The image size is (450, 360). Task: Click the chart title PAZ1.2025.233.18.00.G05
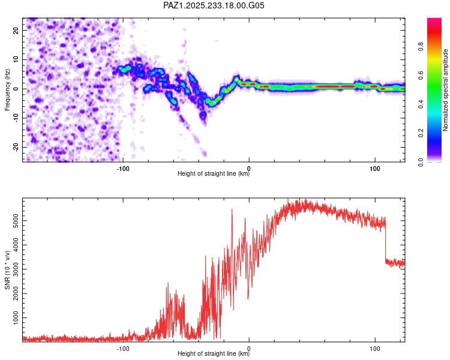click(x=214, y=5)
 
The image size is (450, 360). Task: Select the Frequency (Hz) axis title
click(x=7, y=89)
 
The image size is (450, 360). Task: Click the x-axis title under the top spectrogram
click(x=214, y=174)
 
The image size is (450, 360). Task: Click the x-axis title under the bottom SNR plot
click(x=214, y=353)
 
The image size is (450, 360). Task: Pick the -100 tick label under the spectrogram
click(x=123, y=168)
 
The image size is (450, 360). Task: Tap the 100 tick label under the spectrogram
click(x=375, y=168)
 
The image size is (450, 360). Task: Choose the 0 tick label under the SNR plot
click(x=249, y=347)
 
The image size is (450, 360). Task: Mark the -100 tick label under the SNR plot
click(x=123, y=347)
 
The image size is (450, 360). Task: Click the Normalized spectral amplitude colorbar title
click(x=446, y=90)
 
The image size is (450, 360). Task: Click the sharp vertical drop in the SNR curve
click(x=385, y=240)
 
